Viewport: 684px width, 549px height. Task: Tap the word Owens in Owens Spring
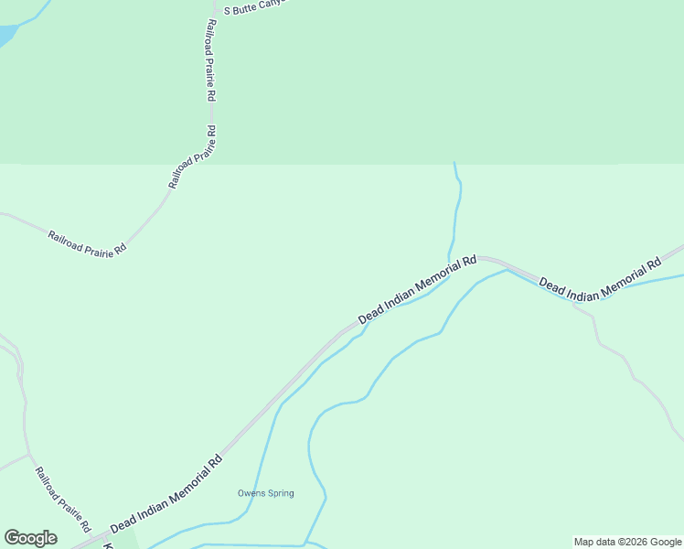click(251, 494)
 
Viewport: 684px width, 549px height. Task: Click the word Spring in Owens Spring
click(281, 494)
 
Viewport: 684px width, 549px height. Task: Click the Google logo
click(30, 538)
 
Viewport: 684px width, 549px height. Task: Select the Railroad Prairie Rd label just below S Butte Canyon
click(210, 59)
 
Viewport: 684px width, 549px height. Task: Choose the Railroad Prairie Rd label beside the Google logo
click(63, 500)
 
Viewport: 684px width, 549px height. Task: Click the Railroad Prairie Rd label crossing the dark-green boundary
click(193, 156)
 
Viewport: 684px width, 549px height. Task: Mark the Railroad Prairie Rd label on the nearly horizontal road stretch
click(87, 243)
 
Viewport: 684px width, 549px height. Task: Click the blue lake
click(5, 35)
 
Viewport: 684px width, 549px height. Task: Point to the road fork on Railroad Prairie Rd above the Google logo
click(29, 455)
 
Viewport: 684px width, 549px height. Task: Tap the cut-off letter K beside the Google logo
click(108, 545)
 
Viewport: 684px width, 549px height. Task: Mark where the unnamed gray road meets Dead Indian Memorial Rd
click(573, 304)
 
